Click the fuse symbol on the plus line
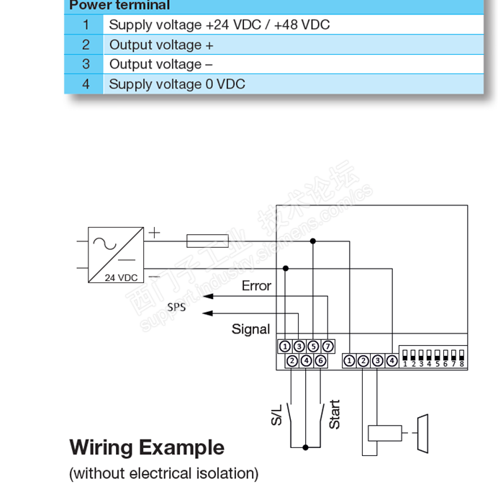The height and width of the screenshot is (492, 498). coord(208,241)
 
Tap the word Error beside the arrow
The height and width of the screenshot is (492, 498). coord(256,286)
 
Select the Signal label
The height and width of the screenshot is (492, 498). coord(250,329)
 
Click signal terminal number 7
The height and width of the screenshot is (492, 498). coord(327,347)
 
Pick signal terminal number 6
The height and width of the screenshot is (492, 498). coord(320,360)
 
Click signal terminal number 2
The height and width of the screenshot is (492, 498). coord(292,360)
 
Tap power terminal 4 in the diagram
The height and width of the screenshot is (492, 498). coord(391,360)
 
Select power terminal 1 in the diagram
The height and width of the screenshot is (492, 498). coord(349,360)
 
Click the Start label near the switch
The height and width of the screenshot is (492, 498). coord(335,414)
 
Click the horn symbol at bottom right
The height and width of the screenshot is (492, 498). coord(422,433)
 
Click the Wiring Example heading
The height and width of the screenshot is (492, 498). coord(147,447)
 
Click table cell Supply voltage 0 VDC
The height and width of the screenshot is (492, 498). coord(177,84)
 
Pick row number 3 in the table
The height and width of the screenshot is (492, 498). coord(86,64)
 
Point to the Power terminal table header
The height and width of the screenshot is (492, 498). coord(119,6)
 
